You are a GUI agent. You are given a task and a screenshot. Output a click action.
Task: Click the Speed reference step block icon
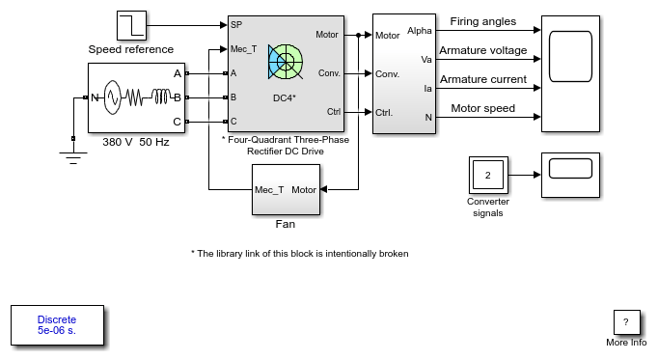[x=131, y=26]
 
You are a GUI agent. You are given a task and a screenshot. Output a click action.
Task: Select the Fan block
[x=286, y=189]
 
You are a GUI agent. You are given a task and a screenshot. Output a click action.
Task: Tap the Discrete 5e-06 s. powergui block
[x=57, y=325]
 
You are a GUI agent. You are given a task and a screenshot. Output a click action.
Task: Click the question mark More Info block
[x=626, y=322]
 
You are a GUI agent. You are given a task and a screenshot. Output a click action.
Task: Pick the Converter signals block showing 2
[x=488, y=175]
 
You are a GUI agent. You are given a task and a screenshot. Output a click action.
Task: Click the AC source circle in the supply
[x=113, y=97]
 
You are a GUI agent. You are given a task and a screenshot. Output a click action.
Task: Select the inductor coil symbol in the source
[x=161, y=97]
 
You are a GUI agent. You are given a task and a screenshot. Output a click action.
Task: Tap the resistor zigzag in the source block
[x=134, y=97]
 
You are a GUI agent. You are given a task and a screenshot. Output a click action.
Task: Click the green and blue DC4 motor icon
[x=286, y=62]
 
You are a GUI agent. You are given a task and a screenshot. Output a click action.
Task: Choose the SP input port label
[x=236, y=25]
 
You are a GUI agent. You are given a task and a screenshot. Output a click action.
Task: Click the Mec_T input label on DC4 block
[x=243, y=49]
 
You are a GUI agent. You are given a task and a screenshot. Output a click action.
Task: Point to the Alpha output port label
[x=420, y=31]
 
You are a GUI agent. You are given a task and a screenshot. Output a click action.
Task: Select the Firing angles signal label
[x=483, y=21]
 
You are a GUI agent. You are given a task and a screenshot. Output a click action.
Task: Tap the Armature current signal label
[x=483, y=79]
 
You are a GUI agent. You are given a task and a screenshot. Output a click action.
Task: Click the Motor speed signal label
[x=483, y=108]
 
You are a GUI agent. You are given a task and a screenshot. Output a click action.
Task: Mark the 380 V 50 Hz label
[x=136, y=142]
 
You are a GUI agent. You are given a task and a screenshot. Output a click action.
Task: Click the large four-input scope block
[x=570, y=74]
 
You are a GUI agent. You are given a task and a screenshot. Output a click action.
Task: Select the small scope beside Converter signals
[x=570, y=175]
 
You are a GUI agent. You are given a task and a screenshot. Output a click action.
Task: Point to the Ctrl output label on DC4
[x=334, y=112]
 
